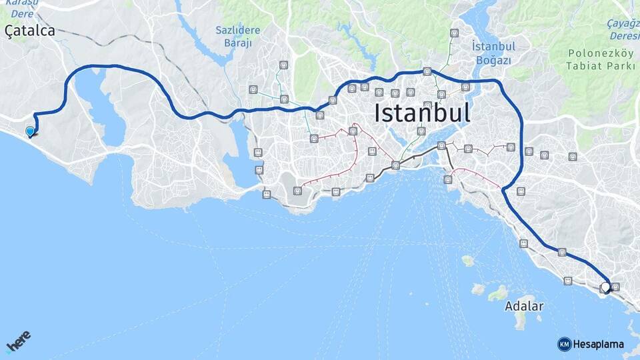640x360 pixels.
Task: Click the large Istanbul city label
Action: click(x=422, y=112)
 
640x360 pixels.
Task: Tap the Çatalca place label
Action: click(x=29, y=30)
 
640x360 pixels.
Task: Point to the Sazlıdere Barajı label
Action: click(x=233, y=37)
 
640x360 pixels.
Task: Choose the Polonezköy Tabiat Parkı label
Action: click(x=595, y=59)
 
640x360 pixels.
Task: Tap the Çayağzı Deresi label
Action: click(x=623, y=28)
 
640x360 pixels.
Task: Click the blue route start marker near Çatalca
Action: click(x=30, y=131)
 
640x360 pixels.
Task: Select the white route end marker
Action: click(x=605, y=287)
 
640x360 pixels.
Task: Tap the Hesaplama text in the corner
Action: click(x=599, y=344)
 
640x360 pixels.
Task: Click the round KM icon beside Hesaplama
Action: click(x=564, y=344)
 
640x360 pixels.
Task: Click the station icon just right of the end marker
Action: click(x=615, y=287)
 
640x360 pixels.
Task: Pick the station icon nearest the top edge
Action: click(x=454, y=33)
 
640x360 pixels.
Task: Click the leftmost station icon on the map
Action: click(x=253, y=89)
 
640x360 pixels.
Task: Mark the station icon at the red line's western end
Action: click(x=297, y=191)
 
